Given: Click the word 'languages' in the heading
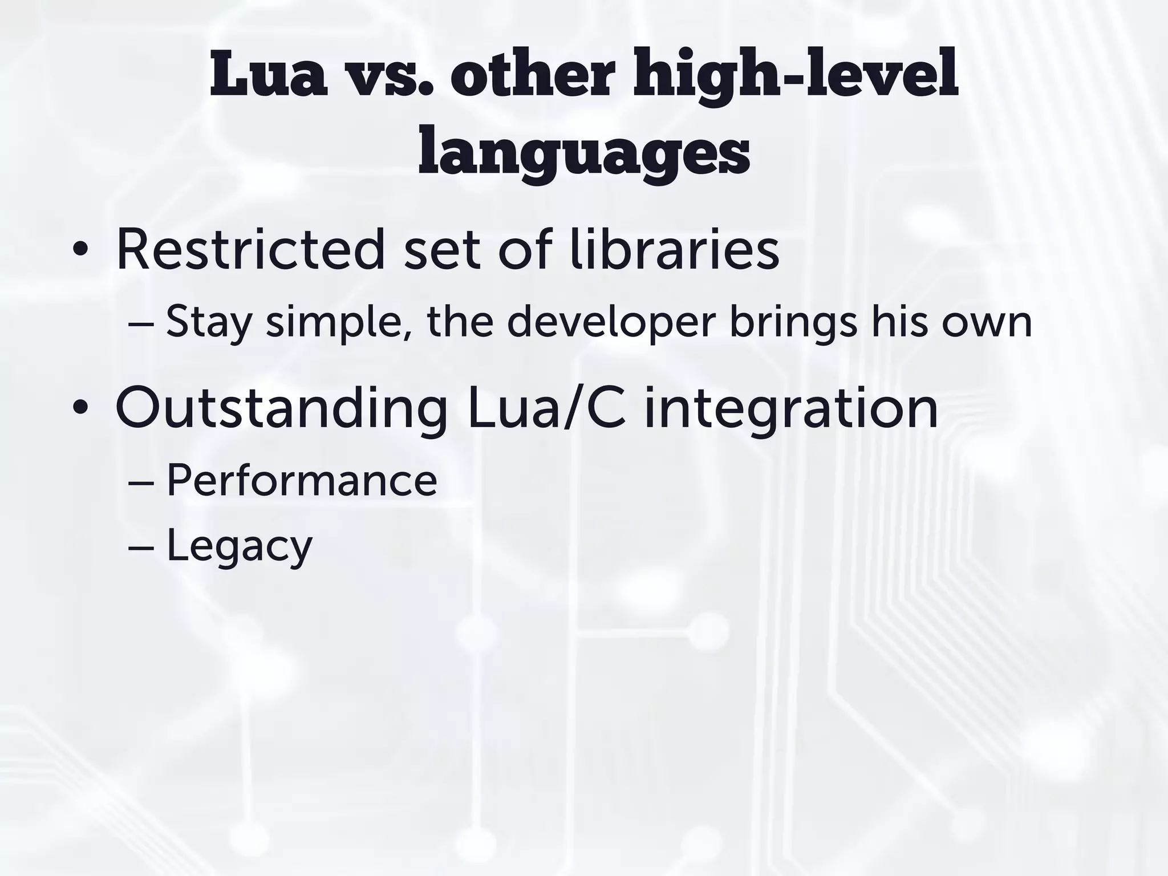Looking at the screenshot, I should [x=583, y=151].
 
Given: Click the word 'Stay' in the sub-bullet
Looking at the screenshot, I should [x=209, y=322].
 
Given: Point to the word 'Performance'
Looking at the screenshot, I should [x=302, y=480].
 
